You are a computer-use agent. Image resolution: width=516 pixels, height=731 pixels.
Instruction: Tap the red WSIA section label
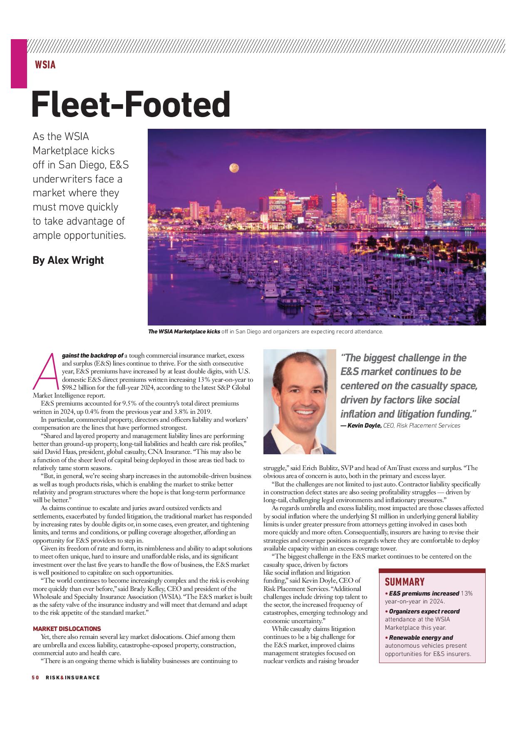[45, 65]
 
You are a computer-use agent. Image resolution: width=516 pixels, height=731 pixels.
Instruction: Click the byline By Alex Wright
[68, 260]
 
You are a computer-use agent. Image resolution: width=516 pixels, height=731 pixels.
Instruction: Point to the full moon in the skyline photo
[234, 168]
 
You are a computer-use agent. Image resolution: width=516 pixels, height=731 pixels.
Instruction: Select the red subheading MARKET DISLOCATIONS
[67, 628]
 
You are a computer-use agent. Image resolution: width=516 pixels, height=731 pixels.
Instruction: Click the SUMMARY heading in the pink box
[404, 582]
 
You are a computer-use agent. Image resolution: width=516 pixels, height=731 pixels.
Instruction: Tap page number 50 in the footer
[35, 677]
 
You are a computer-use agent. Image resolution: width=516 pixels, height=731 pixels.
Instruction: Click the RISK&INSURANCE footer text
[73, 677]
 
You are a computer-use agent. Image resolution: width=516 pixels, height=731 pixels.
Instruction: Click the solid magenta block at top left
[19, 63]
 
